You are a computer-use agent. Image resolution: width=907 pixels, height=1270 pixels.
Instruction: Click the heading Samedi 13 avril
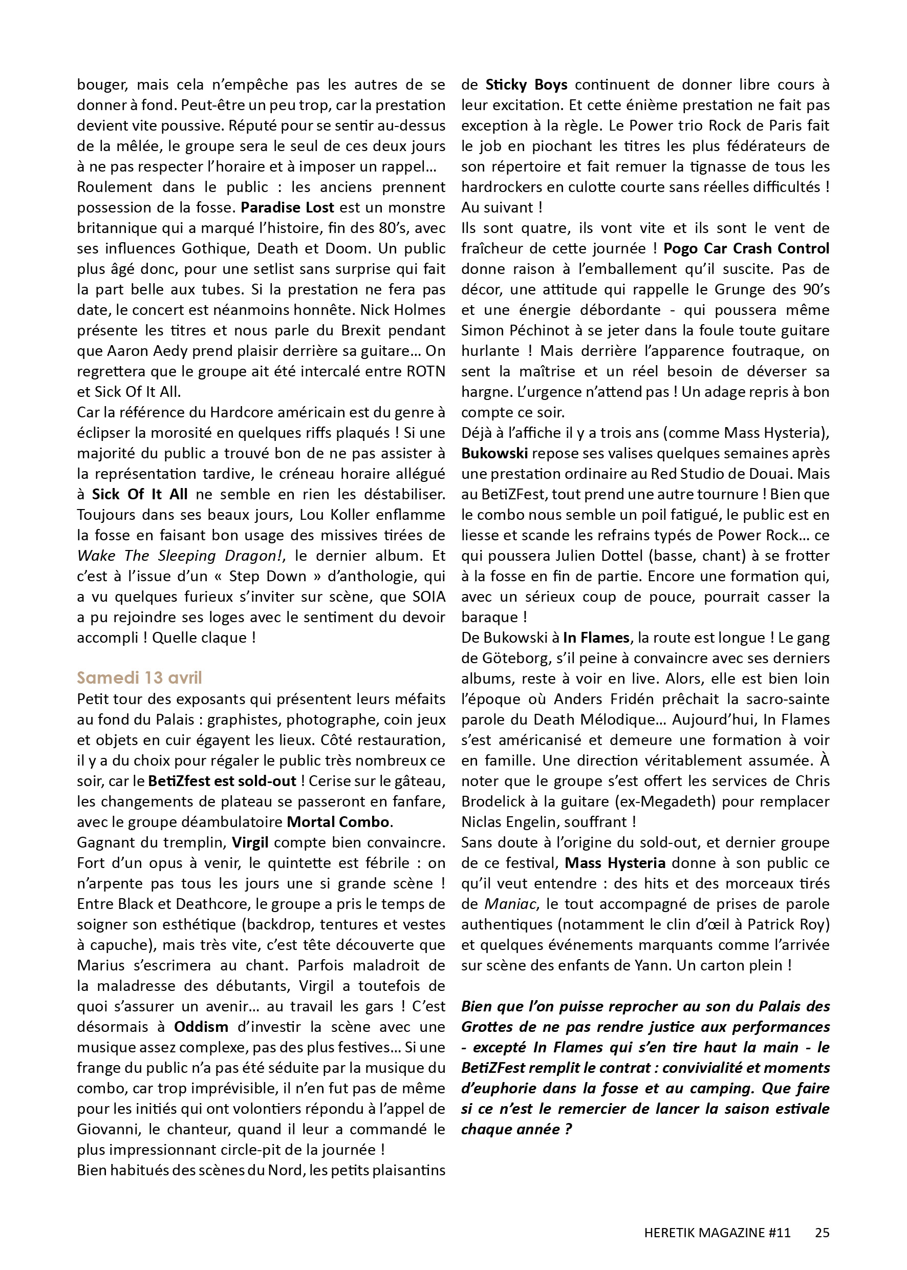139,678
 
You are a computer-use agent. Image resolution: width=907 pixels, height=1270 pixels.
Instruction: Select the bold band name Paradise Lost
287,207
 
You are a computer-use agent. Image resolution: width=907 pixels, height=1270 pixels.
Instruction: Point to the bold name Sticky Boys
526,85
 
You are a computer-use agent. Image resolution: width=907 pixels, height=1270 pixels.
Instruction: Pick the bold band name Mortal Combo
338,822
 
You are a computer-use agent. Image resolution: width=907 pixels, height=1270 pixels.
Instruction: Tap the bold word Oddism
201,1026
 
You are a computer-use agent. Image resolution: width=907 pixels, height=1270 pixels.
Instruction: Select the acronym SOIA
427,597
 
